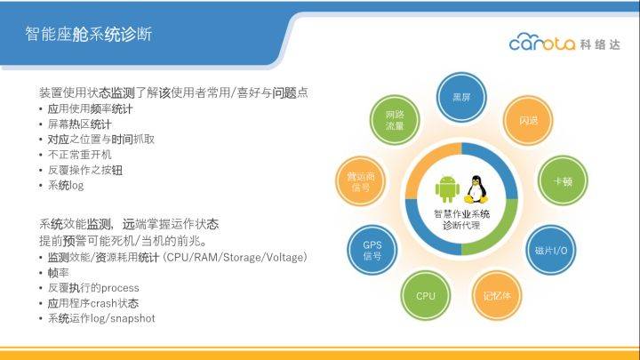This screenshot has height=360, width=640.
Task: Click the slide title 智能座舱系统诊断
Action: (89, 35)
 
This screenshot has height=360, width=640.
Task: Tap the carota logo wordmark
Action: (542, 42)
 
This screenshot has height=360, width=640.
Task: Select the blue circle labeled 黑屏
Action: (461, 97)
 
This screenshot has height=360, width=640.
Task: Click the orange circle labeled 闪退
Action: (528, 120)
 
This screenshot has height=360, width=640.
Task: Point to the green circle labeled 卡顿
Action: (563, 180)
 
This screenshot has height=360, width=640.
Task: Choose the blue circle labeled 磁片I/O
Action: (551, 250)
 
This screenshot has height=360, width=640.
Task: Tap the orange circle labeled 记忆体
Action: (497, 295)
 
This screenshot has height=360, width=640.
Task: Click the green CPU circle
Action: (426, 295)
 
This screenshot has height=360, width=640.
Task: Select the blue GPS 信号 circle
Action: (372, 250)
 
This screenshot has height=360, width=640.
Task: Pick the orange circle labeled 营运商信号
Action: (360, 181)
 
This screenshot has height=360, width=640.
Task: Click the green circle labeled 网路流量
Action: (395, 120)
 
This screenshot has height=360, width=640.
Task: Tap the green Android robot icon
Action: (447, 189)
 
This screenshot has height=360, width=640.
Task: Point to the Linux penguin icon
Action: (476, 189)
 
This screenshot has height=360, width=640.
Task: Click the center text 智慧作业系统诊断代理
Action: (461, 220)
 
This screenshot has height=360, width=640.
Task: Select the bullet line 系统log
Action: (66, 186)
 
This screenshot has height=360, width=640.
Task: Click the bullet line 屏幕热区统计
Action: (80, 124)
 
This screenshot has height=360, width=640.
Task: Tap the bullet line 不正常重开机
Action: (80, 155)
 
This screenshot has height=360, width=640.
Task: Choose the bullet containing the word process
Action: (93, 288)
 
